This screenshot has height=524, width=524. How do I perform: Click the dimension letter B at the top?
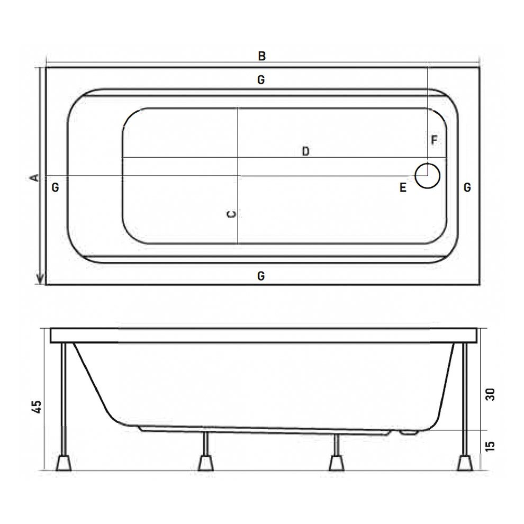261,56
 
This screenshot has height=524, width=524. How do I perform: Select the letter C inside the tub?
231,214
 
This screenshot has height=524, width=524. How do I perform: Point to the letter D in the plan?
305,151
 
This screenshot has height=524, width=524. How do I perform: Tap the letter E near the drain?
403,187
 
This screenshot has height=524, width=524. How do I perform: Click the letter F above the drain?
434,140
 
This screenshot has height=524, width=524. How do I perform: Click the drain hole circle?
428,175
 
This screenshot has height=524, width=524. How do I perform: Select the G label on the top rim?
261,80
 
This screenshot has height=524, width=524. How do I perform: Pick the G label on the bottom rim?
261,276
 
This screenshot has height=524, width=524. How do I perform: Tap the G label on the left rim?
56,187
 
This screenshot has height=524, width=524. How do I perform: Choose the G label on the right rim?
467,187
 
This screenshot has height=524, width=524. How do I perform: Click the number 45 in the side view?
37,406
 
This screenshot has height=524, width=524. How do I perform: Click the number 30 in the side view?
490,394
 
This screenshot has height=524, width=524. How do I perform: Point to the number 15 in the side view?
490,446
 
